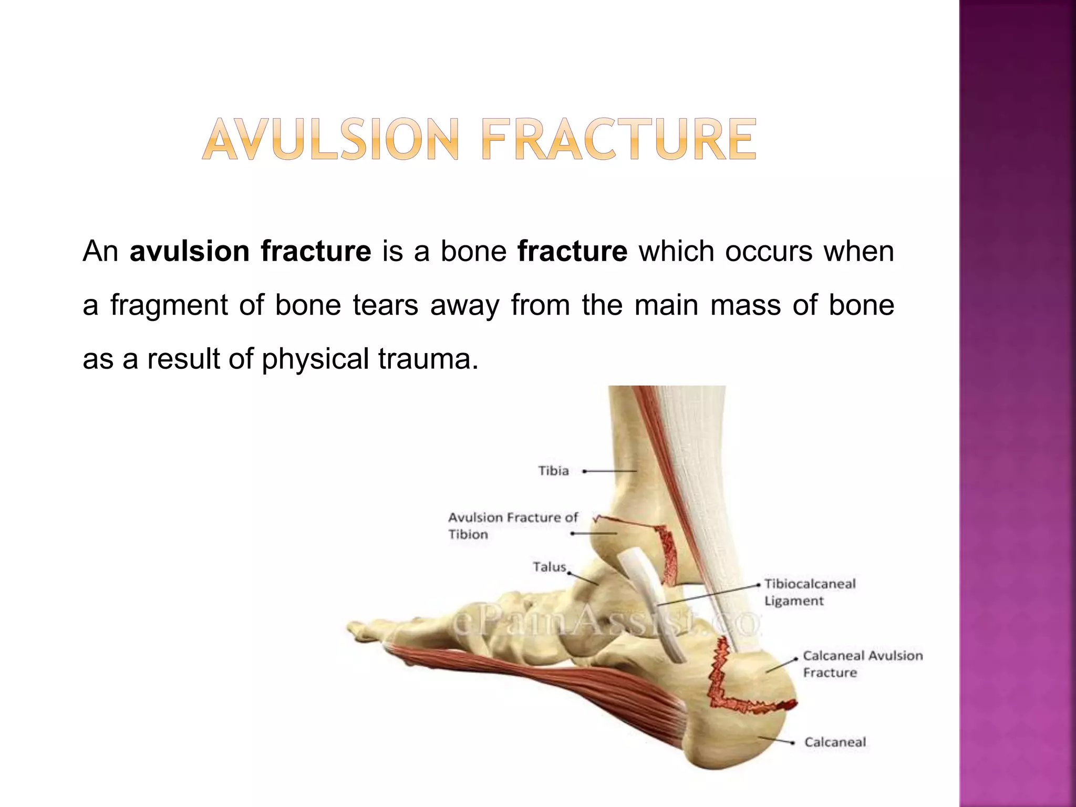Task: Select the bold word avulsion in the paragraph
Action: pyautogui.click(x=189, y=251)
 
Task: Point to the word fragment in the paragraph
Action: pyautogui.click(x=169, y=305)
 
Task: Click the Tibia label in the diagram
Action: pyautogui.click(x=553, y=471)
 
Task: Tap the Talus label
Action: pyautogui.click(x=550, y=567)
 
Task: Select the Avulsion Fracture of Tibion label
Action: pyautogui.click(x=512, y=526)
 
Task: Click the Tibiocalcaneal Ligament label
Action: pyautogui.click(x=810, y=592)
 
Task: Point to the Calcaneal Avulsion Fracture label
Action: pyautogui.click(x=862, y=664)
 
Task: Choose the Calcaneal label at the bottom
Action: pyautogui.click(x=835, y=742)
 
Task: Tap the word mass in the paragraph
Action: pyautogui.click(x=746, y=305)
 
